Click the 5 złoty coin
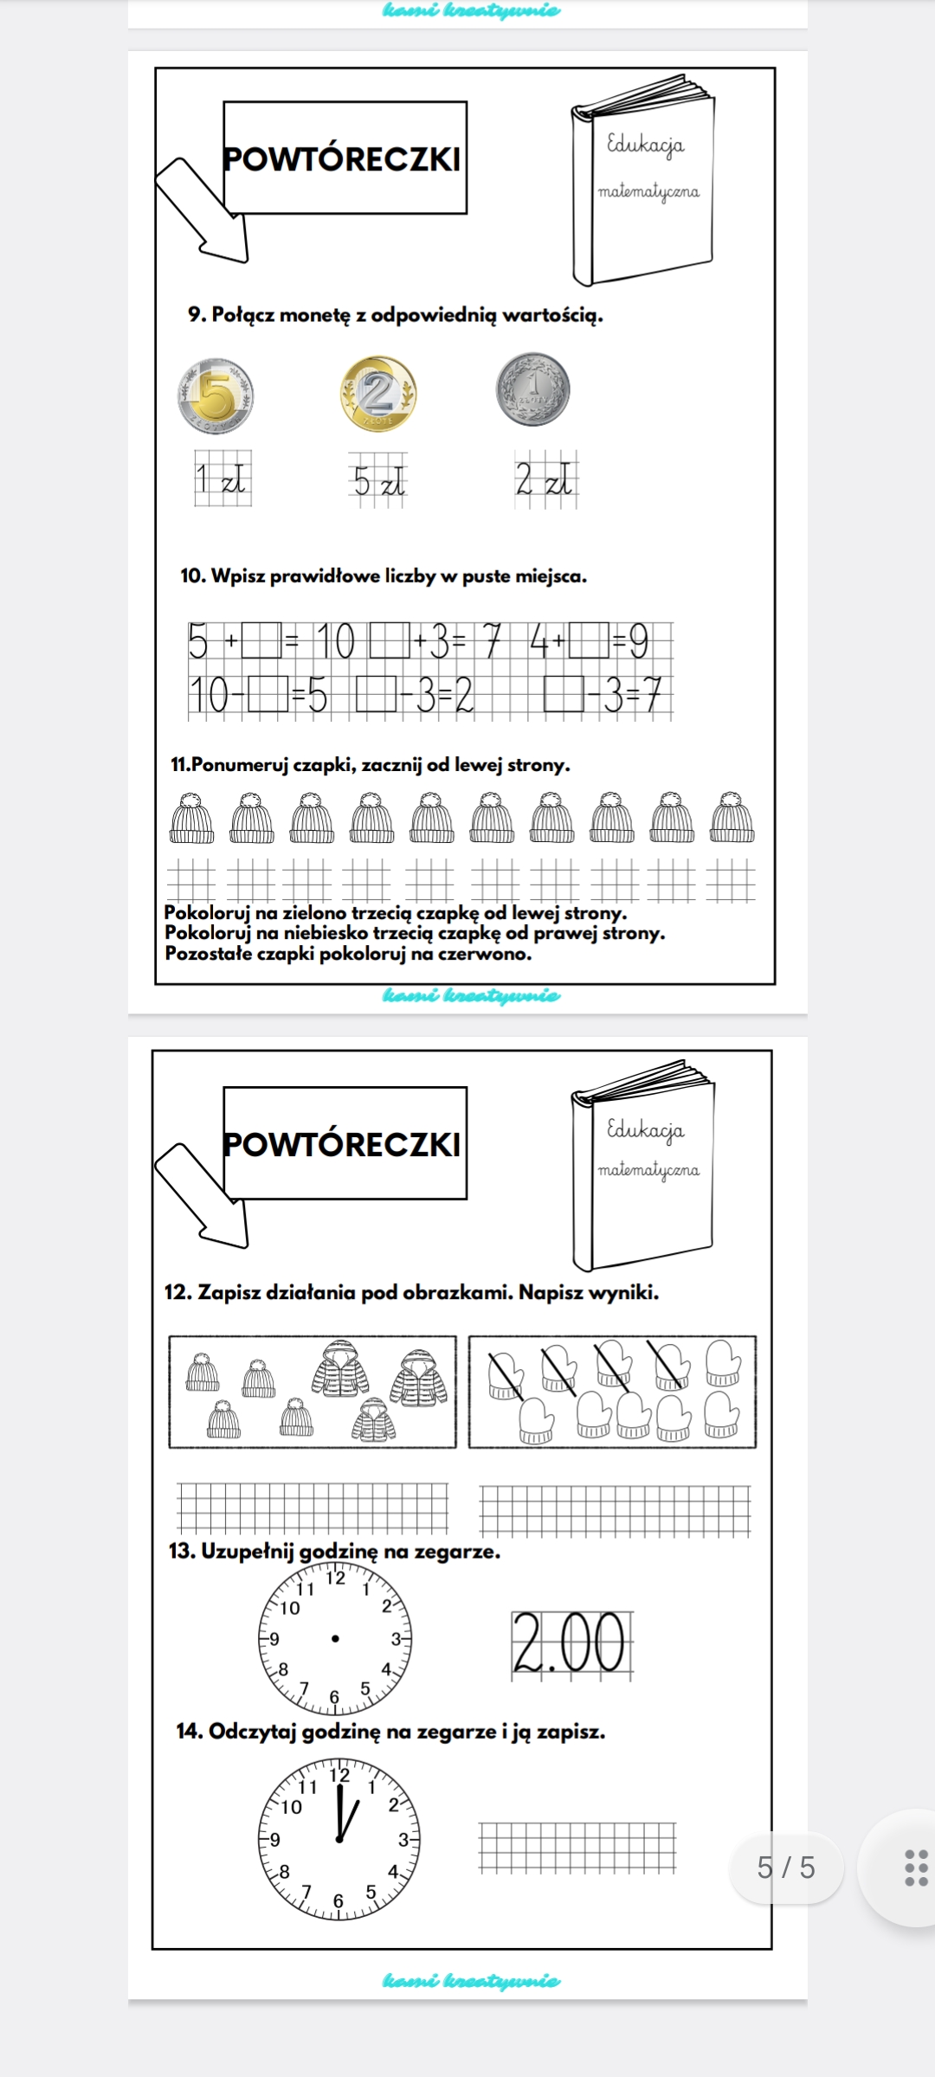[x=216, y=395]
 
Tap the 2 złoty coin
[x=377, y=393]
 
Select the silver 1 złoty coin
[x=533, y=389]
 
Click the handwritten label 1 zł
[x=222, y=478]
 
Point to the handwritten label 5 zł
[x=378, y=479]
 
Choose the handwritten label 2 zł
[x=545, y=479]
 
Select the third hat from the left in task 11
[x=312, y=818]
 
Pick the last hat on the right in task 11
[x=732, y=818]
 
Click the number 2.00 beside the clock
[x=570, y=1643]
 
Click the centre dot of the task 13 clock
[x=335, y=1637]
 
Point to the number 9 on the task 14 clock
[x=274, y=1840]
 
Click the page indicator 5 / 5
[x=786, y=1868]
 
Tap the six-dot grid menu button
[x=915, y=1868]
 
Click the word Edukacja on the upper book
[x=646, y=144]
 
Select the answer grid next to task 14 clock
[x=577, y=1848]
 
